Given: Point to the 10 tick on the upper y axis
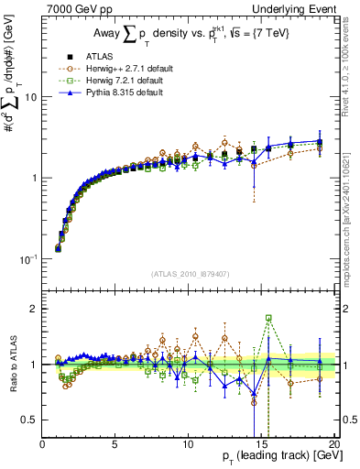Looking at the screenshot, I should [29, 96].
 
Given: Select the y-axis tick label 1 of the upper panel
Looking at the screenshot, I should [33, 178].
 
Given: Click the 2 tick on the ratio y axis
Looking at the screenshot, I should [33, 309].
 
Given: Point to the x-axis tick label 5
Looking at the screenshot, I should [115, 446].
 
